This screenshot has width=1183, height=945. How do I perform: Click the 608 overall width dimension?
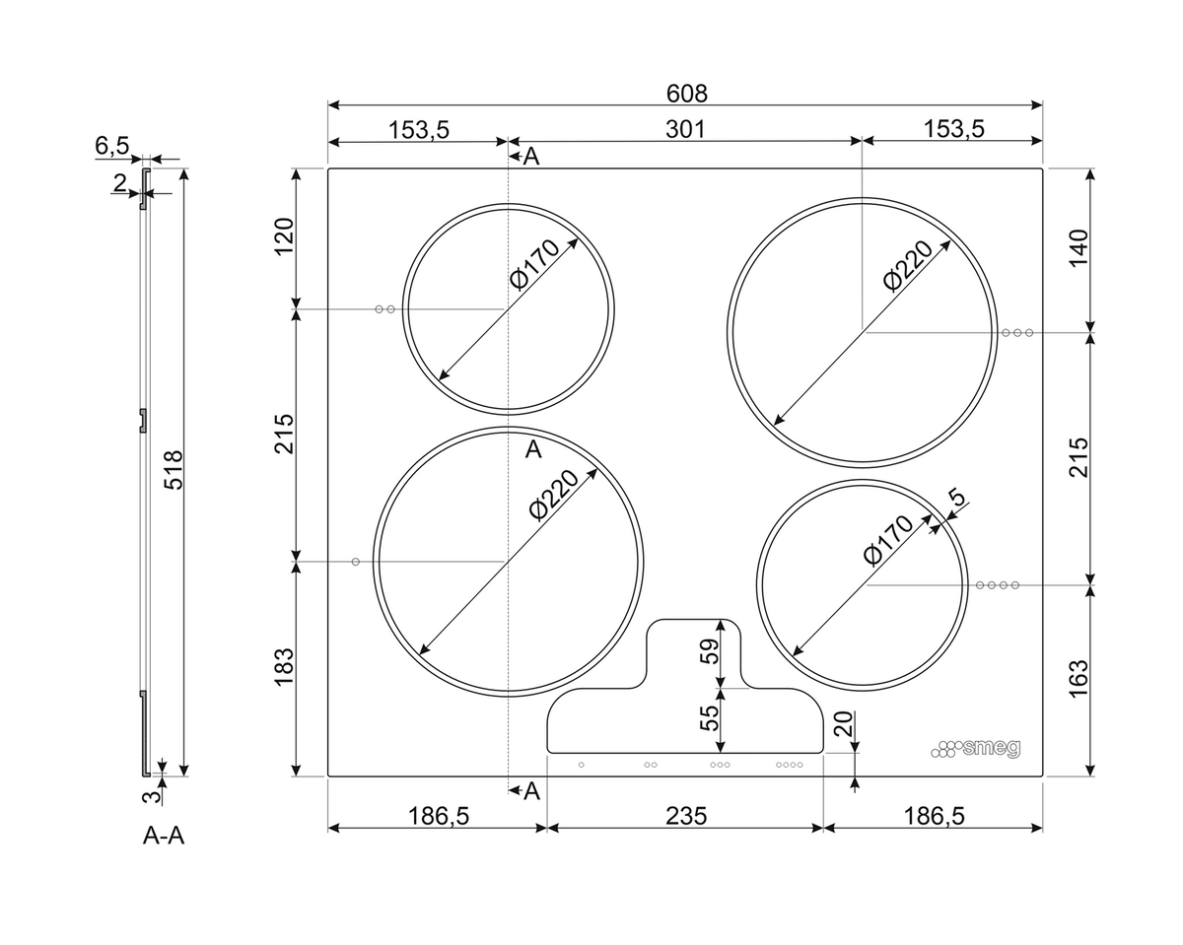coord(686,94)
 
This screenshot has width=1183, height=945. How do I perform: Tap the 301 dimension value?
coord(684,130)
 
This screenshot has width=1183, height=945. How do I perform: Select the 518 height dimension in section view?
coord(174,470)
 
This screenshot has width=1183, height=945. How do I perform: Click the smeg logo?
coord(975,749)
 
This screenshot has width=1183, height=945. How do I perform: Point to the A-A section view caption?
coord(164,836)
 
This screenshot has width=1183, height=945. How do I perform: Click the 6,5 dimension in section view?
coord(112,146)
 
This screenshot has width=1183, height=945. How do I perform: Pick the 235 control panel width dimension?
coord(685,816)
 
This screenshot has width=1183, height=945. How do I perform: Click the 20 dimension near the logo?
coord(843,723)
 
